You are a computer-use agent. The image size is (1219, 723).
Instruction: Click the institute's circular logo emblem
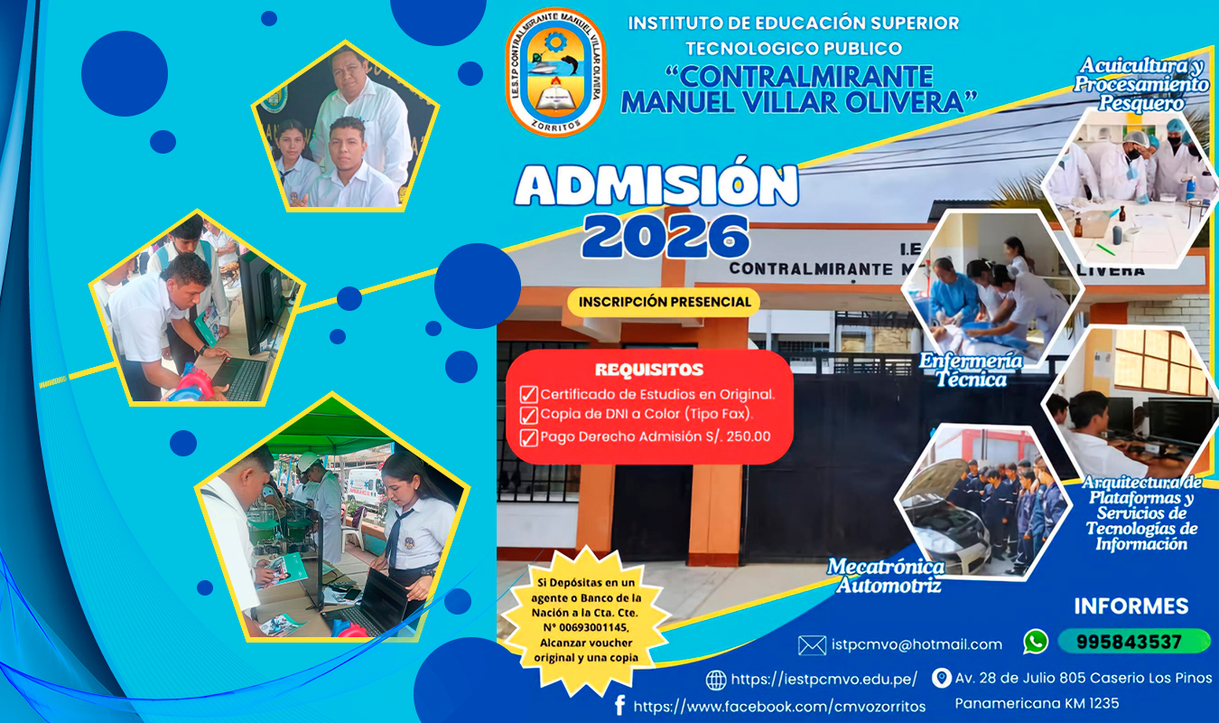pos(555,71)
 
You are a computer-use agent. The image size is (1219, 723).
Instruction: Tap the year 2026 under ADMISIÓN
pos(665,235)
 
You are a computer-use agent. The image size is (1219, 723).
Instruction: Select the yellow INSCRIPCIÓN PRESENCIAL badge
pos(664,302)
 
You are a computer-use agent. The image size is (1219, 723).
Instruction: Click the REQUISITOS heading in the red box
pos(649,370)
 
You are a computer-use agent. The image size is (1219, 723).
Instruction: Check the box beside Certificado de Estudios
pos(528,394)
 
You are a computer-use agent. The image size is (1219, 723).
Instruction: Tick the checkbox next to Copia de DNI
pos(528,415)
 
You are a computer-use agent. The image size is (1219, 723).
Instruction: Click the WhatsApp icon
pos(1036,642)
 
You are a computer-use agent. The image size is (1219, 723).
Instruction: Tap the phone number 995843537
pos(1129,642)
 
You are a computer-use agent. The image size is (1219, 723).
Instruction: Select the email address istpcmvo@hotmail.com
pos(917,644)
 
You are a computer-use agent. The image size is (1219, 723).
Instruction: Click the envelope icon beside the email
pos(812,645)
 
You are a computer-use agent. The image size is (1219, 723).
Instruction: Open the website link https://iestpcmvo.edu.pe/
pos(824,679)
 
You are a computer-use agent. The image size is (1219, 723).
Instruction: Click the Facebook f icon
pos(619,705)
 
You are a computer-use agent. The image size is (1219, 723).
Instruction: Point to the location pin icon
pos(941,678)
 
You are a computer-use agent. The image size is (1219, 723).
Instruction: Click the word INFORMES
pos(1131,606)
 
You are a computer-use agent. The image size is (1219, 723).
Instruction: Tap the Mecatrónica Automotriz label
pos(886,576)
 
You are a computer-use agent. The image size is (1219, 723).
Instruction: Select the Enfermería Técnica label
pos(972,370)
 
